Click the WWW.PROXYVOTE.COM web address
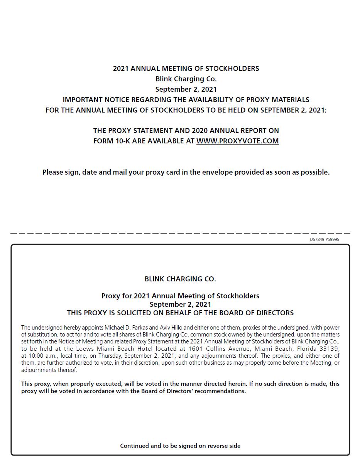[x=237, y=141]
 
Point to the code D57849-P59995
[x=324, y=239]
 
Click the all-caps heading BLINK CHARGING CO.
[x=180, y=279]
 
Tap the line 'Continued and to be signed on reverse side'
[x=180, y=446]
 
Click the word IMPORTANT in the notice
[x=83, y=100]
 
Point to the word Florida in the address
[x=308, y=349]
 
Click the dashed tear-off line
[x=180, y=233]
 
